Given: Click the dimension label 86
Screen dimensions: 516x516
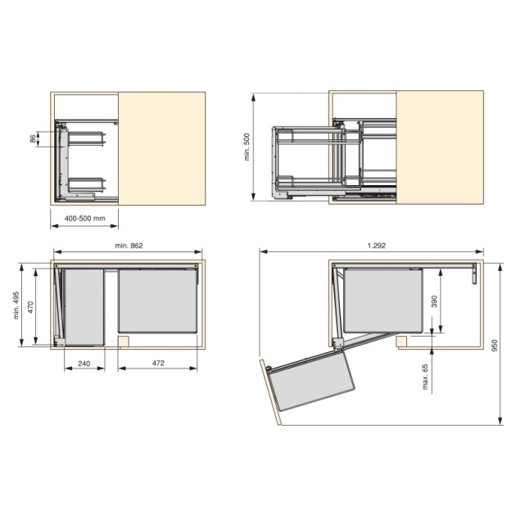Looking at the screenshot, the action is click(33, 138).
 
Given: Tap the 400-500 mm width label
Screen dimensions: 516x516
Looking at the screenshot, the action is click(85, 218).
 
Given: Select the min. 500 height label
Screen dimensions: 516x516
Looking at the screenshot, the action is click(247, 147).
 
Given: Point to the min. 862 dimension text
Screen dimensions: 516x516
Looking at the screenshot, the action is click(129, 246).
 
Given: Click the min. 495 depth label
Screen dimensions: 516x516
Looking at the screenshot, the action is click(16, 305).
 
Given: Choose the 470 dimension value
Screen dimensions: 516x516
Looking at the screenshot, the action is click(30, 307).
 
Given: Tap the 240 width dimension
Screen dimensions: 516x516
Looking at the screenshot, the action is click(84, 364).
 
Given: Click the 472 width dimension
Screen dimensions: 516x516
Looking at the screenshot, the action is click(158, 363).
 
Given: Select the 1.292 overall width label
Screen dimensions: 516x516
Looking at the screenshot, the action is click(377, 246).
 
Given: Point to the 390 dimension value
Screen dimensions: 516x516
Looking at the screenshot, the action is click(434, 301).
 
